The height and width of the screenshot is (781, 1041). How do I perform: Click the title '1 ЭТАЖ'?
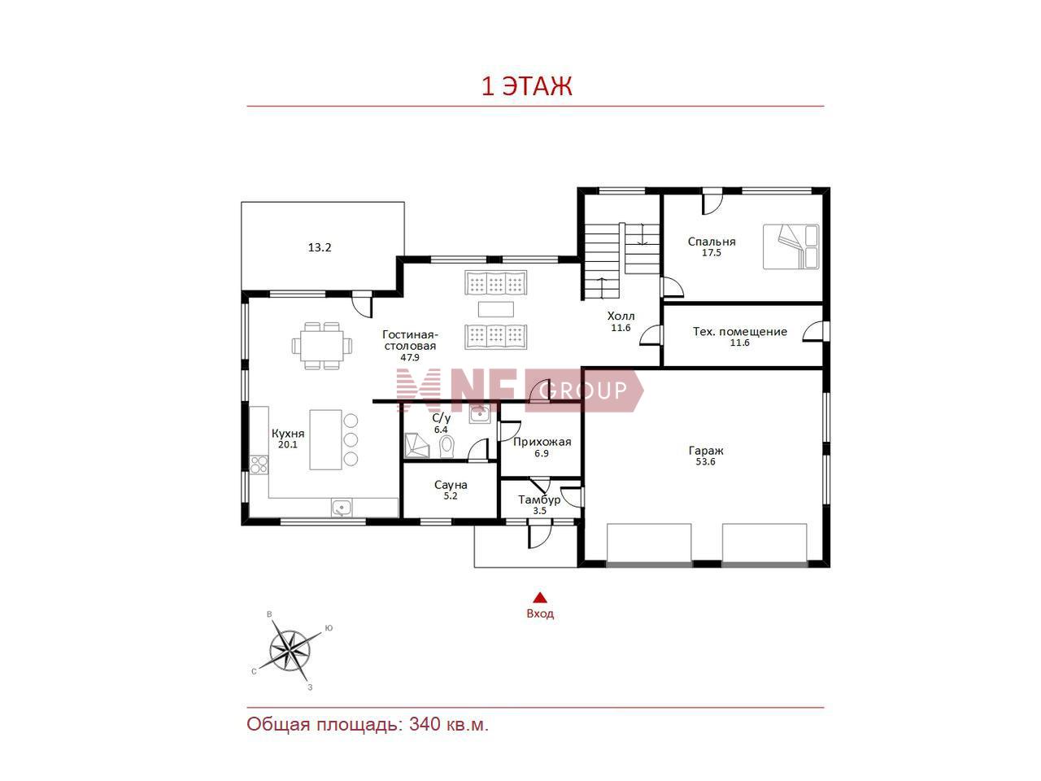coord(526,86)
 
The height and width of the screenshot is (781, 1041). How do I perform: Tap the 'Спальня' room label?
coord(712,242)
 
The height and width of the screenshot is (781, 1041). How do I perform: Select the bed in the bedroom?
coord(791,247)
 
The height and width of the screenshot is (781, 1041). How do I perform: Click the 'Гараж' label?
coord(706,451)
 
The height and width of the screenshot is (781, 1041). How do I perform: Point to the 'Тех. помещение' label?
coord(740,331)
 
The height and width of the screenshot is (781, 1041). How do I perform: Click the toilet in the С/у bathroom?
coord(446,446)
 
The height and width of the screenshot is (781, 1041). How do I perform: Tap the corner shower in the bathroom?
coord(417,446)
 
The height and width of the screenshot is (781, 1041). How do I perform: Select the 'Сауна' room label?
coord(451,485)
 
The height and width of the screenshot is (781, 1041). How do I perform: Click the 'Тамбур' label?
coord(539,500)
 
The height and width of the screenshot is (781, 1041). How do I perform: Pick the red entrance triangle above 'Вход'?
coord(540,597)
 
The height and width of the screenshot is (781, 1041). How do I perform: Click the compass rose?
coord(290,651)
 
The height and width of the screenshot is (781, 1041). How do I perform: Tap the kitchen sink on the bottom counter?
coord(341,508)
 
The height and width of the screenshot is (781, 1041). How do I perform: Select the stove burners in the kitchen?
coord(259,465)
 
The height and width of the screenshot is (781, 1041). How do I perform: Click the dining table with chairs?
coord(322,346)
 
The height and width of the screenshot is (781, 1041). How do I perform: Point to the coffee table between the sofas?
coord(495,309)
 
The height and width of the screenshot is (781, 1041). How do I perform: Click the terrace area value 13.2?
coord(320,247)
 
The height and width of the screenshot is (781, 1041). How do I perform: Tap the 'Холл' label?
coord(621,316)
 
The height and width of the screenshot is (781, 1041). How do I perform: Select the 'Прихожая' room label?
coord(542,442)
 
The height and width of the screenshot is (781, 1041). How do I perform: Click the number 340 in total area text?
coord(424,725)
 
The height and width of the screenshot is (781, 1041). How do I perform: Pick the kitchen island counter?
coord(326,439)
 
